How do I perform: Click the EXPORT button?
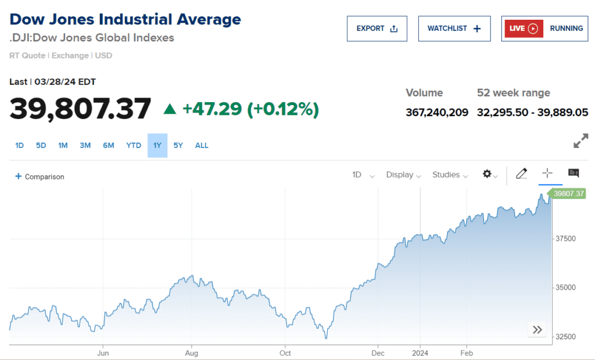tap(377, 28)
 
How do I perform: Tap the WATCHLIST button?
tap(454, 28)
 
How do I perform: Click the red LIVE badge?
tap(523, 28)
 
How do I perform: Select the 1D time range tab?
tap(19, 145)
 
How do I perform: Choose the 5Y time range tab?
tap(178, 145)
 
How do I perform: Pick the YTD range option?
tap(134, 145)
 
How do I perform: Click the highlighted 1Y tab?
tap(157, 145)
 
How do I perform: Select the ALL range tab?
tap(202, 145)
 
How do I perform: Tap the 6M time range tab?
tap(109, 145)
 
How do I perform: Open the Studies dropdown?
tap(450, 175)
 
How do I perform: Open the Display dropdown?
tap(403, 175)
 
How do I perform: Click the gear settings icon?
tap(488, 174)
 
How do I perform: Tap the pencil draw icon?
tap(521, 173)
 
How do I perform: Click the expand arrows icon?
tap(580, 141)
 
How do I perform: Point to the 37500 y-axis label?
tap(566, 239)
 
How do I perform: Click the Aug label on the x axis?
tap(192, 352)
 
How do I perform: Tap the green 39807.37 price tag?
tap(568, 194)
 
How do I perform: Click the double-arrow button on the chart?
tap(537, 330)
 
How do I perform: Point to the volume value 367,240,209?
tap(437, 112)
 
